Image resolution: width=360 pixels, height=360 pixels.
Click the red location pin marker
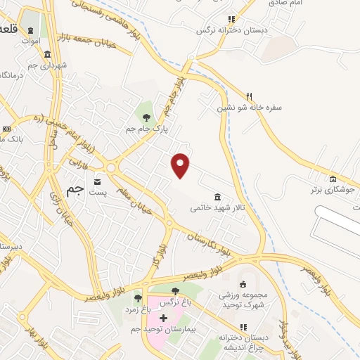click(181, 165)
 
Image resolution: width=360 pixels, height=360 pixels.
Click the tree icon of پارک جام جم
click(146, 117)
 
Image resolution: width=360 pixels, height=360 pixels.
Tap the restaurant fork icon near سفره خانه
click(248, 96)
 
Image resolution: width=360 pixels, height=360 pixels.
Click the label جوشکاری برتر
click(330, 190)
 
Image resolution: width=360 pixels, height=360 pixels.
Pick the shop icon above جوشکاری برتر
click(333, 179)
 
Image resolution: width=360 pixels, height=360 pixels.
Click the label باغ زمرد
click(138, 309)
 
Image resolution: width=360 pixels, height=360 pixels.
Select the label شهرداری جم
click(49, 65)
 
